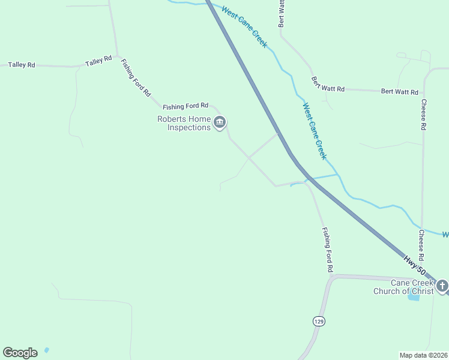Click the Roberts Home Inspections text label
[x=184, y=123]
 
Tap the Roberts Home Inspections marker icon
[x=220, y=123]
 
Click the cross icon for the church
[x=442, y=286]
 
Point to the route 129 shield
[x=318, y=322]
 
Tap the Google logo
[x=20, y=353]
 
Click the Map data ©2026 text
[x=423, y=355]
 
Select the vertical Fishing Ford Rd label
[x=327, y=250]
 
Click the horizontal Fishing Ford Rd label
[x=185, y=105]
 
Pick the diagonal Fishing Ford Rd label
[x=136, y=78]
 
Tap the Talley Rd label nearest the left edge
[x=21, y=64]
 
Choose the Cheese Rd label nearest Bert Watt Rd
[x=423, y=114]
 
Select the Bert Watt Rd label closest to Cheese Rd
[x=400, y=92]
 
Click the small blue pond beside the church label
[x=414, y=296]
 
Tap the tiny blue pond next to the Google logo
[x=47, y=349]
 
